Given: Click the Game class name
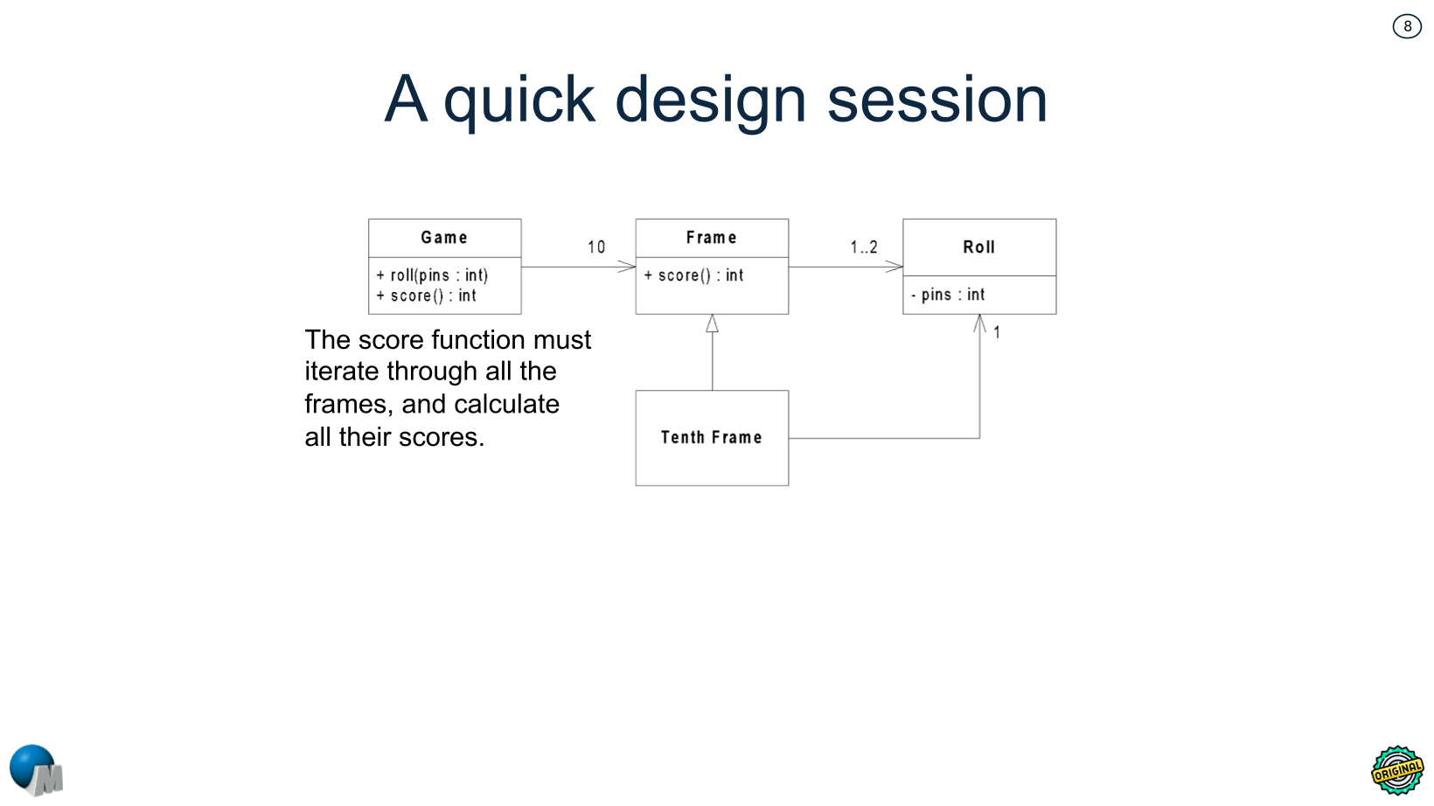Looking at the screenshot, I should [x=444, y=238].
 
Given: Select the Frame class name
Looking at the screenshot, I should [x=711, y=238].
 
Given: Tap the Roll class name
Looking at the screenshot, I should [x=978, y=247].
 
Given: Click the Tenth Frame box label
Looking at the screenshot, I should [x=711, y=438].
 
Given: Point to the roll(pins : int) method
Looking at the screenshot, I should [x=433, y=275].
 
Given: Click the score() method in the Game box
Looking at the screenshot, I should [x=428, y=296].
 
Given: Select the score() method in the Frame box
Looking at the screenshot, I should [x=694, y=275].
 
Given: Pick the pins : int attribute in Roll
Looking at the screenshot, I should [x=949, y=295].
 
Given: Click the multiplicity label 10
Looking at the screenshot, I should [x=596, y=247].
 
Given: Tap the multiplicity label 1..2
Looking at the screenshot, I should [x=863, y=247].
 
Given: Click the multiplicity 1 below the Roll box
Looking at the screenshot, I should [x=997, y=333].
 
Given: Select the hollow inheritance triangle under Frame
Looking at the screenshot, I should [x=712, y=323].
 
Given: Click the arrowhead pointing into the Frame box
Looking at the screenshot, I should [x=628, y=267].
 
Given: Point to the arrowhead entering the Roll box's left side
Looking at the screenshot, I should [x=895, y=267].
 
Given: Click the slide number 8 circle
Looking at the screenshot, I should [x=1407, y=26].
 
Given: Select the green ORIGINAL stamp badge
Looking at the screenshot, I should [x=1397, y=770].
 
